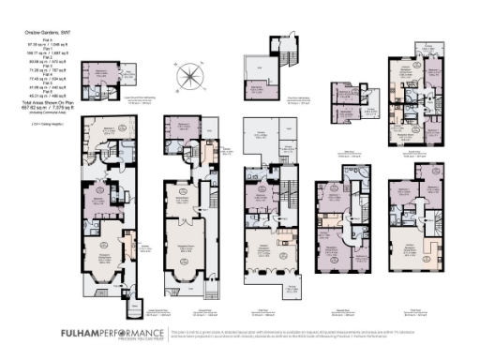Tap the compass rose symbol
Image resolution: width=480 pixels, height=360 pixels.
click(x=191, y=75)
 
